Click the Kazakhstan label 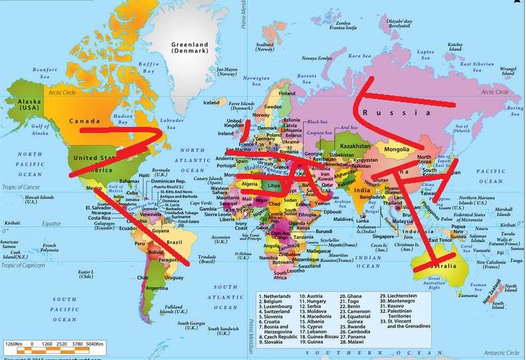tap(355, 146)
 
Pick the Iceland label tap(211, 103)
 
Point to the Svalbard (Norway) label tap(265, 47)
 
